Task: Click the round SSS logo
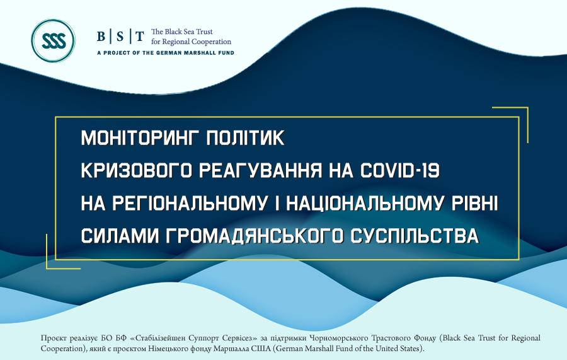[53, 41]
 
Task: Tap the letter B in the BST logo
[101, 37]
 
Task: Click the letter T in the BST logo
[140, 37]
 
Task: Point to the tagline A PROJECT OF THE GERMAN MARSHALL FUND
[166, 53]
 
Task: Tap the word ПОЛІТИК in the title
[246, 138]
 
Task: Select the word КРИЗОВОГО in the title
[136, 170]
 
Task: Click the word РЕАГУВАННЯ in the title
[260, 170]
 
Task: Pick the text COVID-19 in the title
[400, 170]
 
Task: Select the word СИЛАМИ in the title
[120, 236]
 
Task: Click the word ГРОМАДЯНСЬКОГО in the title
[255, 236]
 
